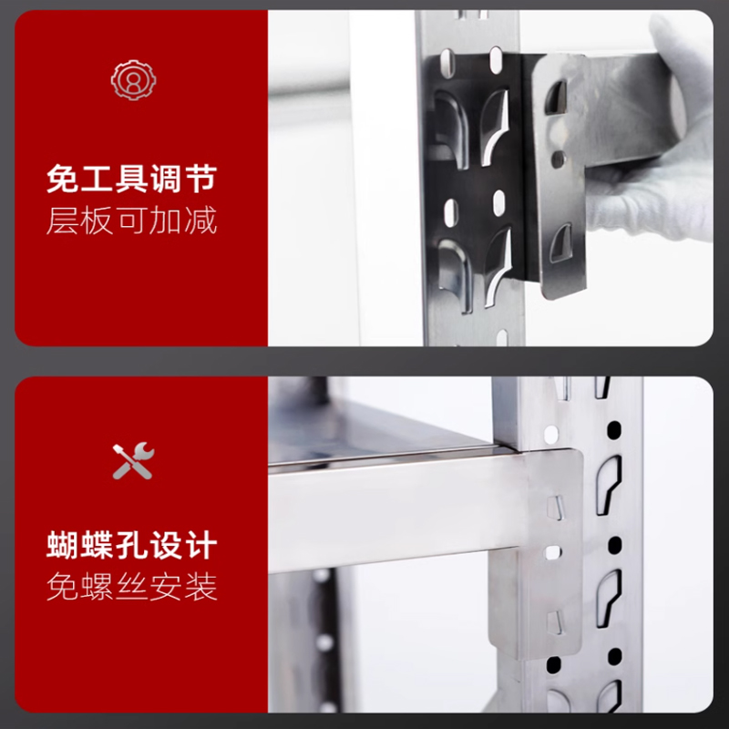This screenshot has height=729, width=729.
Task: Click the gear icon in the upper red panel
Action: click(x=133, y=80)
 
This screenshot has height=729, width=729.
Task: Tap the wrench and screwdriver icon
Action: click(x=133, y=462)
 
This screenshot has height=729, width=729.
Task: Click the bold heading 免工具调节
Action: click(x=132, y=179)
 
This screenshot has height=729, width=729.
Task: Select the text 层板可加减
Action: click(x=132, y=221)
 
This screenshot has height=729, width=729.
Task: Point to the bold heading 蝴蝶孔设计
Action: click(x=132, y=546)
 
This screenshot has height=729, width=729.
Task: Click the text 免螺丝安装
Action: click(x=132, y=587)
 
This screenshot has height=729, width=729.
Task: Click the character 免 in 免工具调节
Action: click(x=63, y=179)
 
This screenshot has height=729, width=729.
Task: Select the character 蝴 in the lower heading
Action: click(x=63, y=546)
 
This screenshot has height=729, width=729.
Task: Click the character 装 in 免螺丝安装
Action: click(x=201, y=587)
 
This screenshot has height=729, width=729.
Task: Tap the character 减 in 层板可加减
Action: click(x=201, y=221)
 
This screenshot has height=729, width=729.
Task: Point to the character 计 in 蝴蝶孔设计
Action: click(x=201, y=546)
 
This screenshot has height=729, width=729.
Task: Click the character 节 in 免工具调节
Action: click(x=201, y=179)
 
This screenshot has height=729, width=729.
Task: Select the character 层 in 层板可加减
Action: click(x=63, y=221)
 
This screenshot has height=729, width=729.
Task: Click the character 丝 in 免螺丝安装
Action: click(x=132, y=587)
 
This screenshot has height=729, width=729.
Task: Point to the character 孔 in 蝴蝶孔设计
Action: click(x=132, y=546)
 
